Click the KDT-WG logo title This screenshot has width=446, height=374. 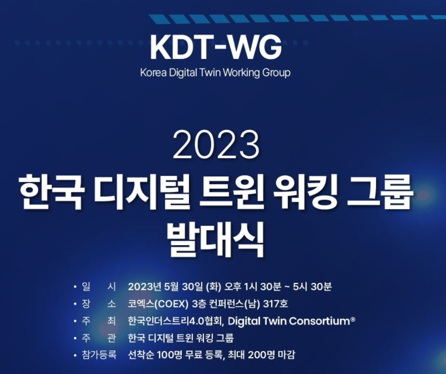[x=216, y=48]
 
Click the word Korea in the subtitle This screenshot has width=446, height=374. [x=153, y=73]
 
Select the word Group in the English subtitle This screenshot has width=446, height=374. [x=276, y=73]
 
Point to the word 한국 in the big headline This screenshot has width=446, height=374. [x=51, y=191]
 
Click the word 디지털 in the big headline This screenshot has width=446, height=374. [x=142, y=191]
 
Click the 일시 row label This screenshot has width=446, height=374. [x=99, y=286]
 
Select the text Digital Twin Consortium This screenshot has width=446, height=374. [x=289, y=321]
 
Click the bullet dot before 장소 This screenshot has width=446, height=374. [x=75, y=304]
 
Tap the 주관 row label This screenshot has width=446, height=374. [x=99, y=338]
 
